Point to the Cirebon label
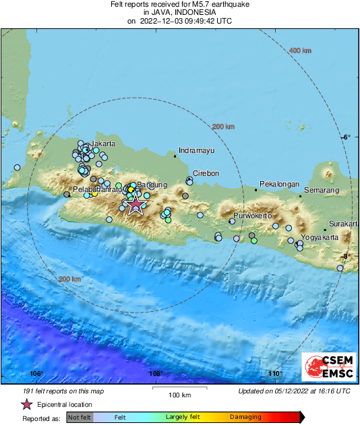206,173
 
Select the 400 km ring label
300,51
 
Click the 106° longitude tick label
36,374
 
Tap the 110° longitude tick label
274,374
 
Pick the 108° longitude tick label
156,374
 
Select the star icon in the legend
27,405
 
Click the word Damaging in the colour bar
245,418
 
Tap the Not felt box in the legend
79,418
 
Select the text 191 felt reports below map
61,391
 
